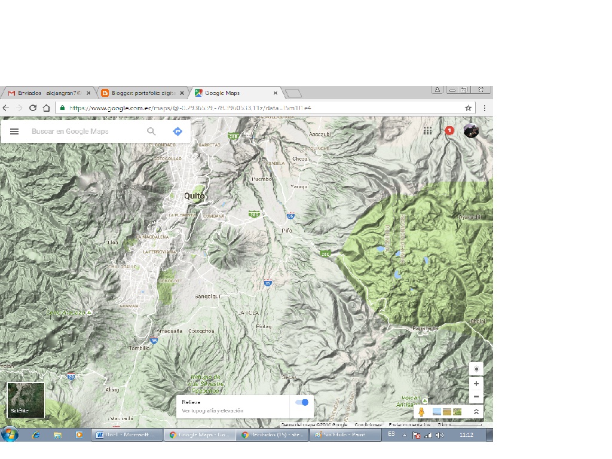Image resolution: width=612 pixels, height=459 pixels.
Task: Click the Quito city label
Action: [194, 196]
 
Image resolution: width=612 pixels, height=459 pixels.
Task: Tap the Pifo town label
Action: [287, 230]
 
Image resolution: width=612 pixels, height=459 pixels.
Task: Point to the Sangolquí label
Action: [208, 296]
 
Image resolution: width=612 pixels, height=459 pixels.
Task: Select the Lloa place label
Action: [112, 243]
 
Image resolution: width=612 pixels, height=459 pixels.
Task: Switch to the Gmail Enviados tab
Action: [48, 93]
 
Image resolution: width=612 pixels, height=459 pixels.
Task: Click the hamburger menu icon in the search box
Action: [14, 131]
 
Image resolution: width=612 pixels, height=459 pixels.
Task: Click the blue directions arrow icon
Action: [178, 131]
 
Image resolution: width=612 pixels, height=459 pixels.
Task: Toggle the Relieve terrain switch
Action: [302, 403]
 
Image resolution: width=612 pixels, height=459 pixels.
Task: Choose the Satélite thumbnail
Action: [26, 400]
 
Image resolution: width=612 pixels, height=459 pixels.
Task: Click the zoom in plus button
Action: [476, 384]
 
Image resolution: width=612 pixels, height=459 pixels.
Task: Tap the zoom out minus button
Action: [476, 396]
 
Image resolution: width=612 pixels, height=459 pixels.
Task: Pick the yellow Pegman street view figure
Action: [421, 412]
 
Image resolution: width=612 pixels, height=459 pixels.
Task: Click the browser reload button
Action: [33, 108]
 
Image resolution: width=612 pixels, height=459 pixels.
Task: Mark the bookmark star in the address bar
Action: [469, 108]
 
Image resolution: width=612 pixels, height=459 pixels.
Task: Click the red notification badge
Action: [449, 130]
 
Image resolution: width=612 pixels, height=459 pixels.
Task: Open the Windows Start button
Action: [10, 434]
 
